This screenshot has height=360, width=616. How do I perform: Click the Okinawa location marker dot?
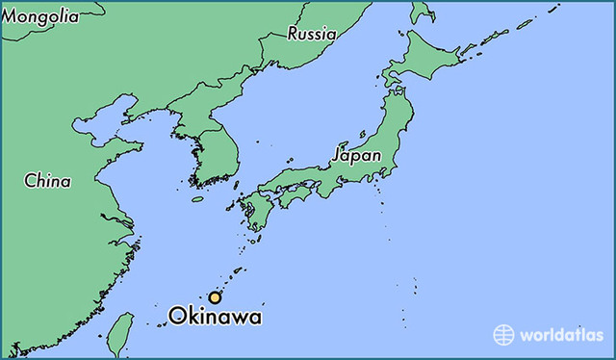point(215,297)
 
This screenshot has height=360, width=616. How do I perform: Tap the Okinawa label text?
point(215,316)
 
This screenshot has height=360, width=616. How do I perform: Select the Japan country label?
point(356,155)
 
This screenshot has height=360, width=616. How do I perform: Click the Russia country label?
point(312,34)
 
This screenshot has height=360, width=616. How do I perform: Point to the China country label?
point(47,180)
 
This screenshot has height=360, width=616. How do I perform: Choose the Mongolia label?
point(39,15)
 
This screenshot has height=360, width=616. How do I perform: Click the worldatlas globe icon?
point(503,335)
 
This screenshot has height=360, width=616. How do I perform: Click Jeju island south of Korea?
point(197,199)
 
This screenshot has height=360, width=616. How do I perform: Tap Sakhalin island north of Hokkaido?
point(421,9)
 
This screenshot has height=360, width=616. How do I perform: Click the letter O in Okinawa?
point(177,316)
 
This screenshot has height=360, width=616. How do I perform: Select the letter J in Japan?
point(337,155)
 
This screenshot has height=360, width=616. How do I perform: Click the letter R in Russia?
point(293,34)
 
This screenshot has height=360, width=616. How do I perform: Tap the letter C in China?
point(30,180)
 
